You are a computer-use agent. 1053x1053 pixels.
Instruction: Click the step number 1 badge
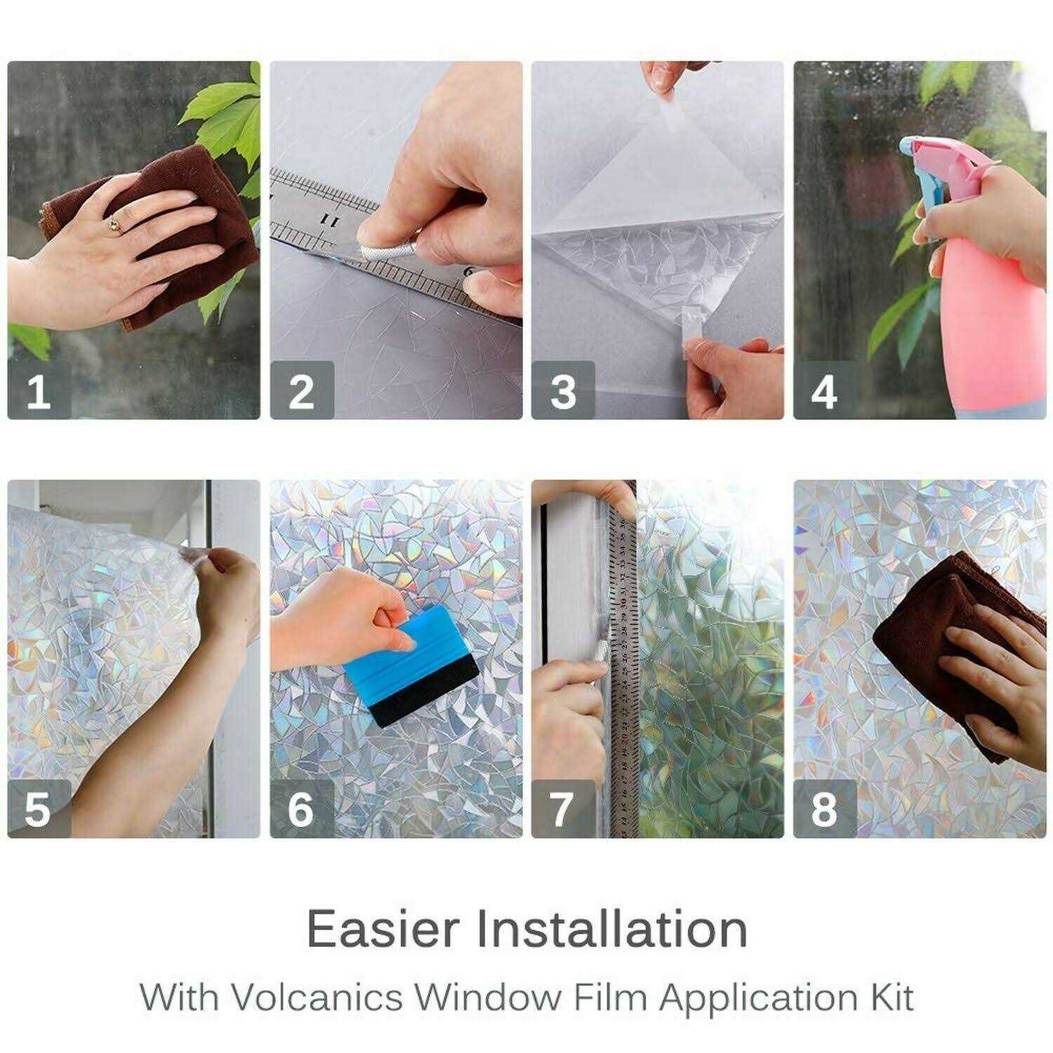pyautogui.click(x=39, y=390)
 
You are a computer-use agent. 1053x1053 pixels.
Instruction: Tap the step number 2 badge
pyautogui.click(x=301, y=390)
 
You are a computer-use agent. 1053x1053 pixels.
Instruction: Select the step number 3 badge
pyautogui.click(x=563, y=390)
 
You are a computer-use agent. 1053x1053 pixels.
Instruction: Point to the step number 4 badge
pyautogui.click(x=824, y=390)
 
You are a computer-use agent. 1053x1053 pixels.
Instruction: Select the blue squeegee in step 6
pyautogui.click(x=414, y=649)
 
